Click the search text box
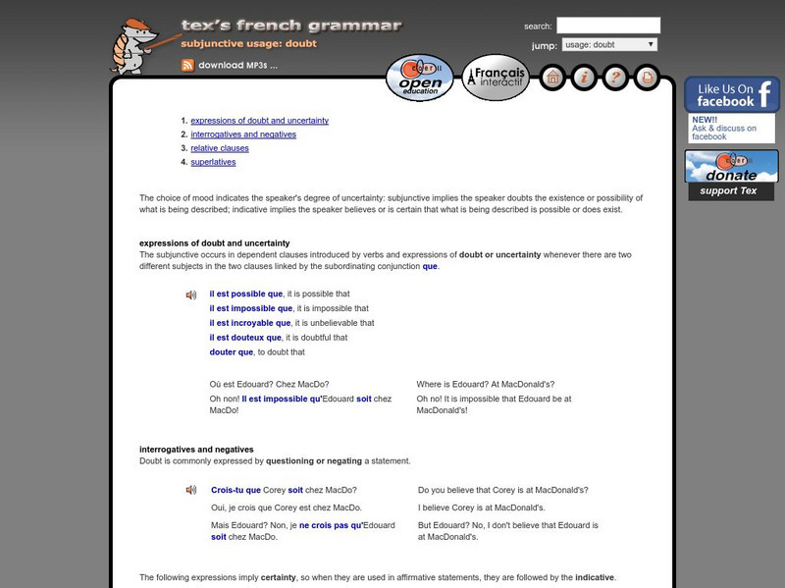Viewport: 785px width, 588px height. pos(608,26)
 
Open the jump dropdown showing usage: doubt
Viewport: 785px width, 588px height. pos(609,44)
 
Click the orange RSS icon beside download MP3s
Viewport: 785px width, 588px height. pos(186,66)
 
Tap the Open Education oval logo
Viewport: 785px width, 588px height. pos(420,77)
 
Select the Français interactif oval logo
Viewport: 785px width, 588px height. pos(496,77)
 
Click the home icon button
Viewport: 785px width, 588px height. pos(552,77)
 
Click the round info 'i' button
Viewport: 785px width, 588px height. pos(583,77)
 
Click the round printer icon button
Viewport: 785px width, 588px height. pos(645,77)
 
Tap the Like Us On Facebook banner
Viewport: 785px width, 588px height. pos(731,95)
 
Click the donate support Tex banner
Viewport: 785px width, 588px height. pos(731,174)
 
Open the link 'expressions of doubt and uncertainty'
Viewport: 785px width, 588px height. pos(259,121)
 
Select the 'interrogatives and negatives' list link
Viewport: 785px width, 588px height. pos(243,134)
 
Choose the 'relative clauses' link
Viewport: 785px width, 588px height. pos(220,148)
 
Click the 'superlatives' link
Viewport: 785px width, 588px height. pos(213,162)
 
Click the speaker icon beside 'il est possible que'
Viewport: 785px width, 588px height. pos(191,294)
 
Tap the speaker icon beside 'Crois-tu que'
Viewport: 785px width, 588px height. pos(191,490)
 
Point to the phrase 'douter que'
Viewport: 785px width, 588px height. pos(232,351)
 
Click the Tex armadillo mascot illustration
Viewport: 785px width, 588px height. pos(134,46)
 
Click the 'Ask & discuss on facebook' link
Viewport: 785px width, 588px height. pos(724,133)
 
